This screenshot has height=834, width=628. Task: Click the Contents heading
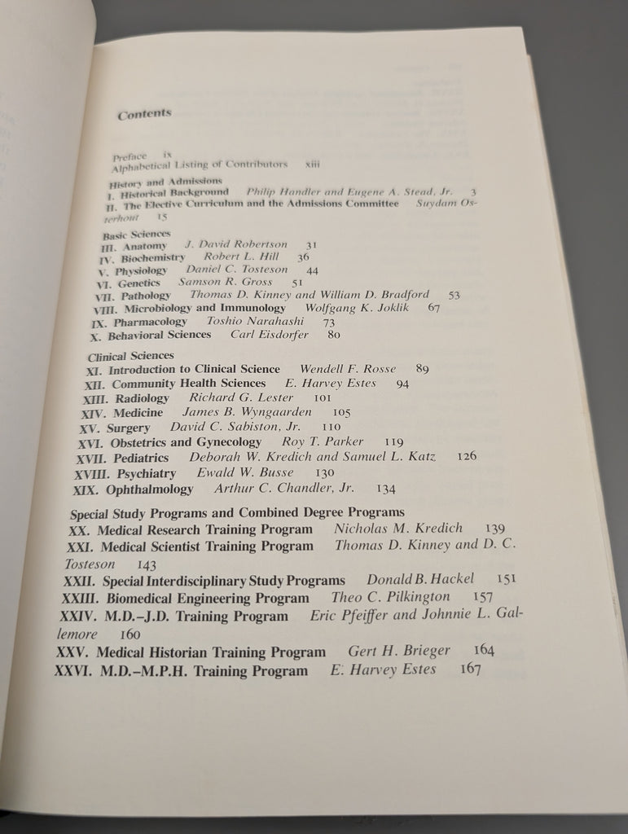(144, 114)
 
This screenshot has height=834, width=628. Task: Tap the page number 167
(471, 669)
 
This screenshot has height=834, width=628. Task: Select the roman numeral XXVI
(72, 672)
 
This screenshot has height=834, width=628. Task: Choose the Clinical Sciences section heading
(130, 355)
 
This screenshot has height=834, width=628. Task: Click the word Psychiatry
(146, 473)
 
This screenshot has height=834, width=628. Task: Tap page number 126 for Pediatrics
(467, 456)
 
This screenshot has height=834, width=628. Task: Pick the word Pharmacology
(150, 322)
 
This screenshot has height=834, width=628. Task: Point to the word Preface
(130, 156)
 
